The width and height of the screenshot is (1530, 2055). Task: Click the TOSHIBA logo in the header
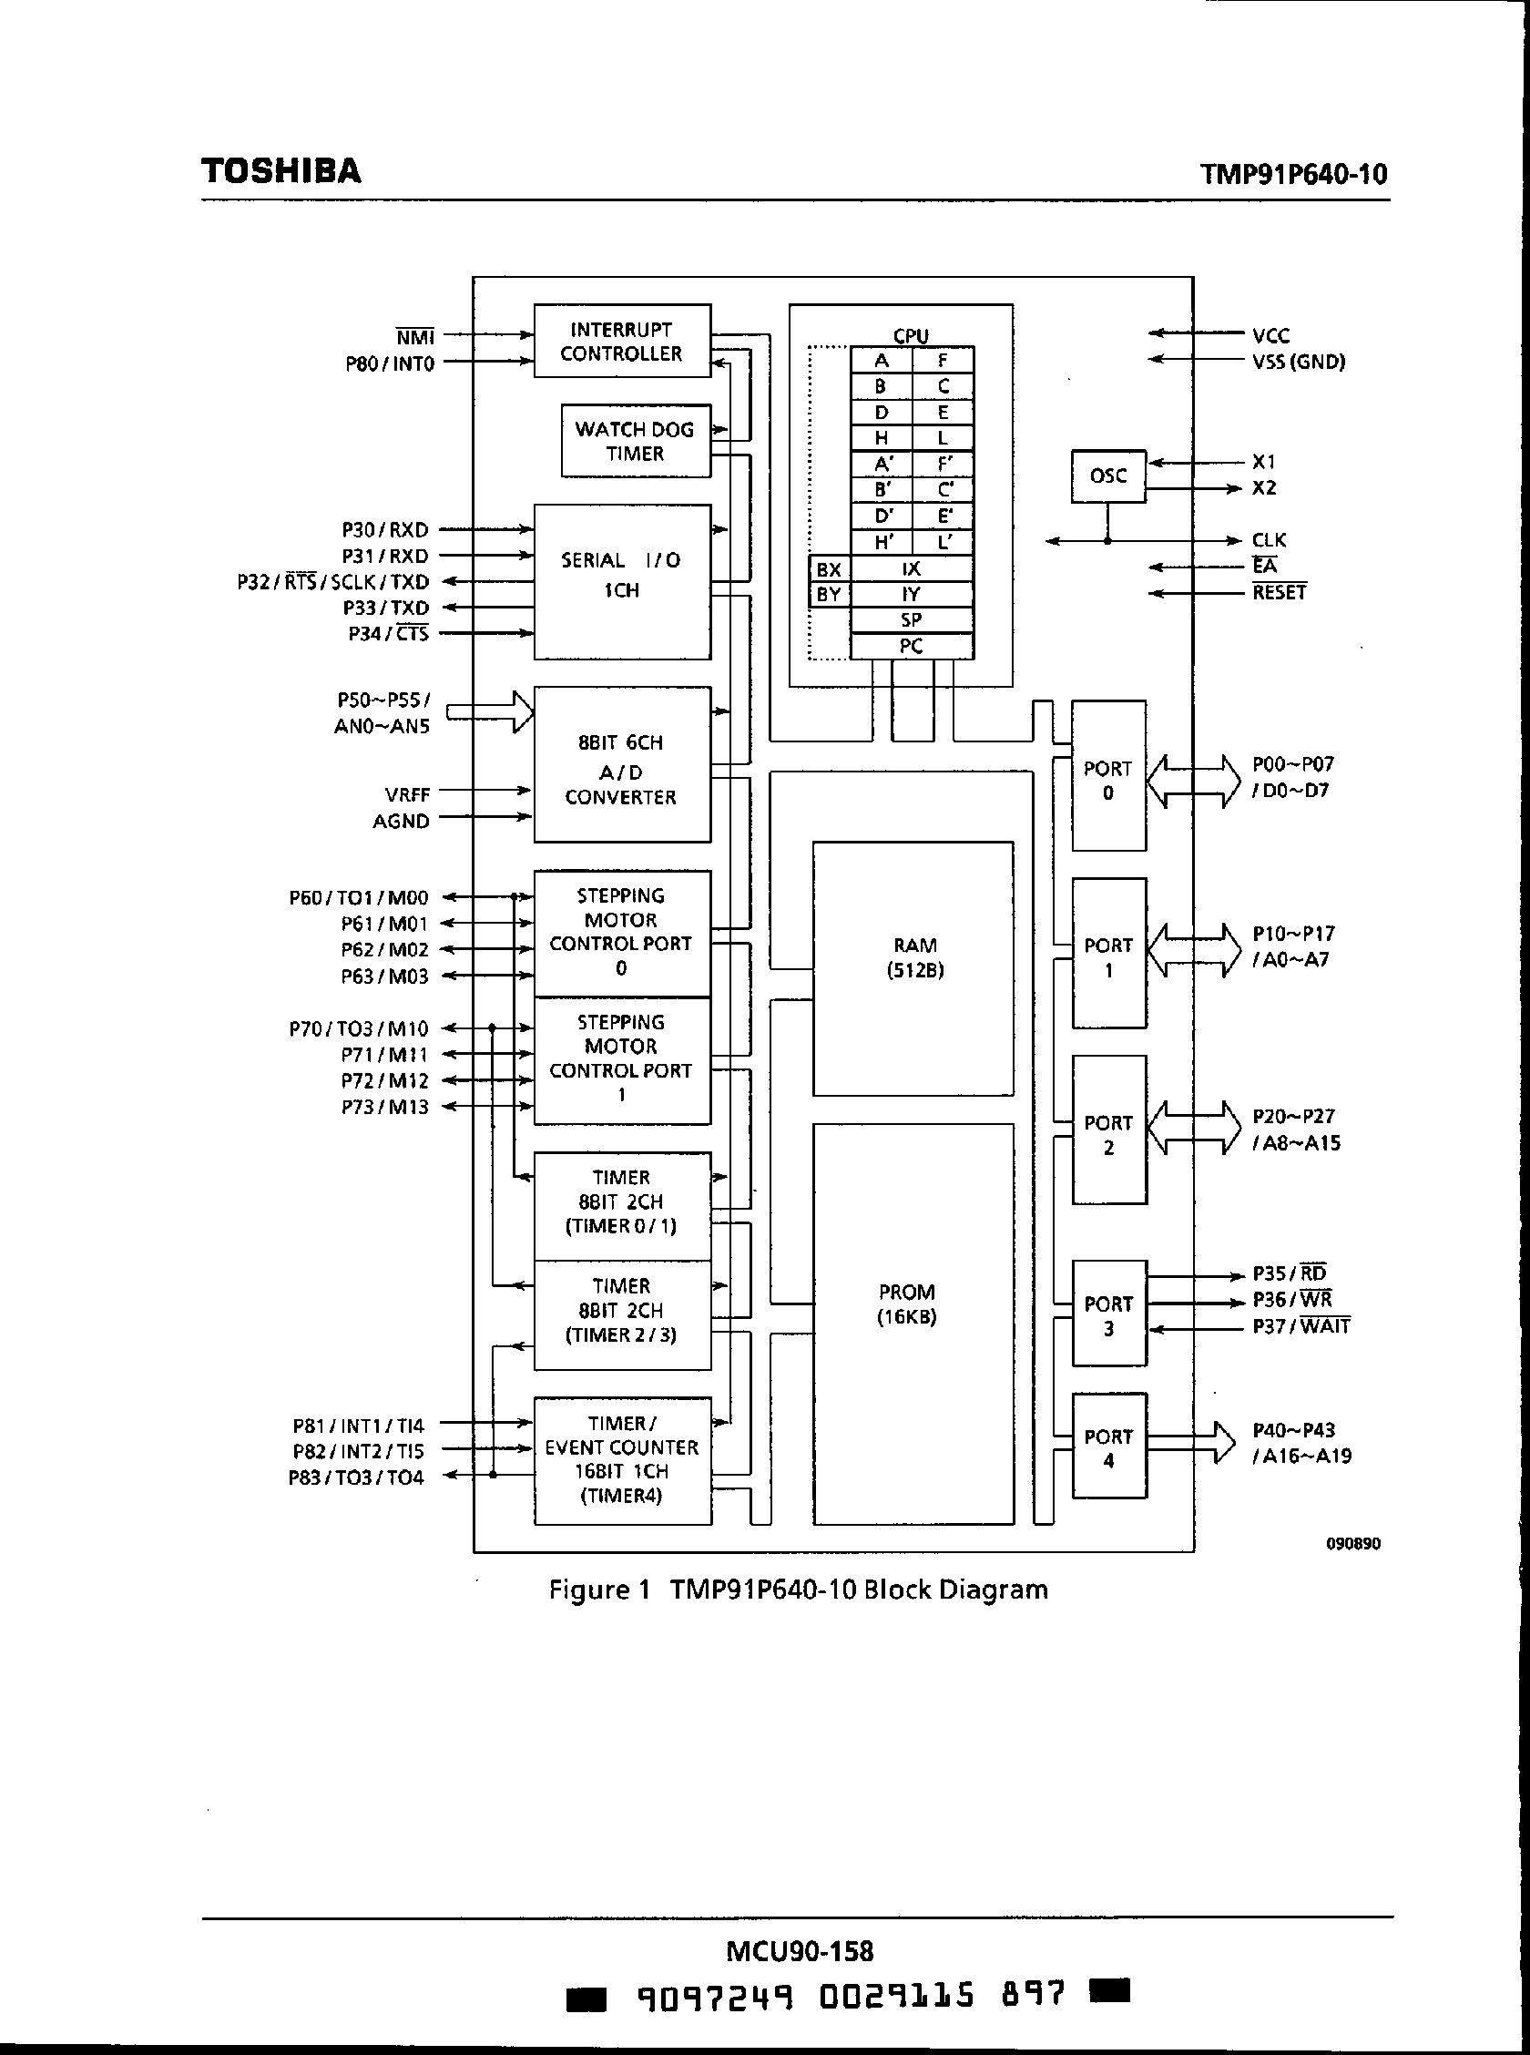[280, 171]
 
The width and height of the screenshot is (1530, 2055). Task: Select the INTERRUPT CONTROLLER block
[621, 341]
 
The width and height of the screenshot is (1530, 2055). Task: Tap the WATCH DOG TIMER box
[636, 441]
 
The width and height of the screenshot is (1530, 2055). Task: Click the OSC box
[1107, 476]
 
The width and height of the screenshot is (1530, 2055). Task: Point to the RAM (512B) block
[913, 967]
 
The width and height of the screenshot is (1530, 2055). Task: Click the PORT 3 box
[1108, 1315]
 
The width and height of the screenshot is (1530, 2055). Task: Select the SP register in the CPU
[912, 619]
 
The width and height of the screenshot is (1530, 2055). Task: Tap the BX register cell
[829, 569]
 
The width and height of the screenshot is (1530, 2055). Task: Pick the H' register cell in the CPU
[882, 542]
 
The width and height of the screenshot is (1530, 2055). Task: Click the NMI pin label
[415, 337]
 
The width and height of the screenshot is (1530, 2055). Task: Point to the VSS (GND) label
[1299, 363]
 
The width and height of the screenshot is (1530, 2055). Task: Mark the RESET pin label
[1279, 592]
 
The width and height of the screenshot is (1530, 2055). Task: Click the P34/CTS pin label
[388, 633]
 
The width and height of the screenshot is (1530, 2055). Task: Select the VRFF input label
[407, 794]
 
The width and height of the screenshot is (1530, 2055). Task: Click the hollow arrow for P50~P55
[490, 712]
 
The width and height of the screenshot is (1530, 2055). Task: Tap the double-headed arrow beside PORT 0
[1193, 781]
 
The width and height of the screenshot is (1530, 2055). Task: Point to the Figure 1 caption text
[799, 1590]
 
